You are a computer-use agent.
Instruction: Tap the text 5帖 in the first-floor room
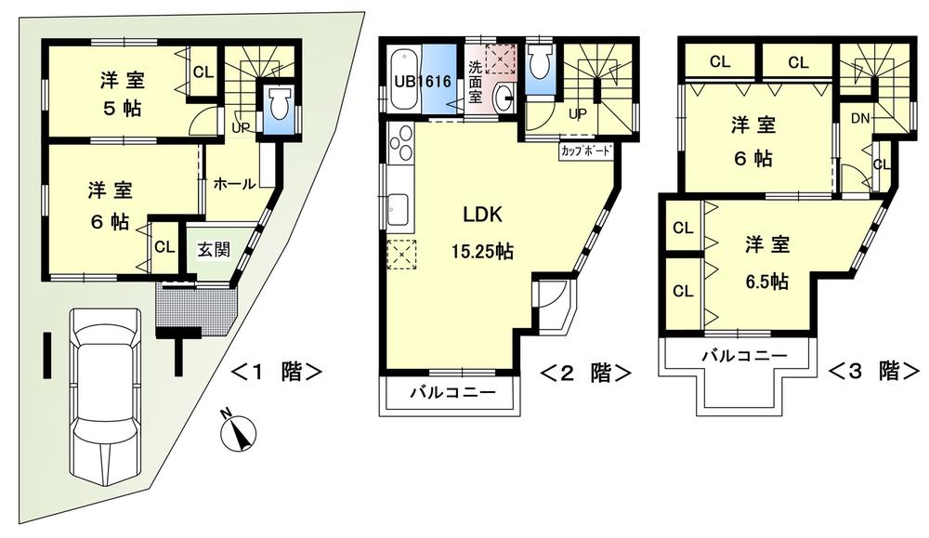121,108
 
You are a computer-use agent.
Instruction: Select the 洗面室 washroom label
475,79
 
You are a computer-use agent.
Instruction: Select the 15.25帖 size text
483,251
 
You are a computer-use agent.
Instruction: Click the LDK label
483,216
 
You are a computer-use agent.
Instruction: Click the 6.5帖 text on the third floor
766,280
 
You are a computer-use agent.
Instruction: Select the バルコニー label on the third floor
743,355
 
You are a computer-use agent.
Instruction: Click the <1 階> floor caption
276,373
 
